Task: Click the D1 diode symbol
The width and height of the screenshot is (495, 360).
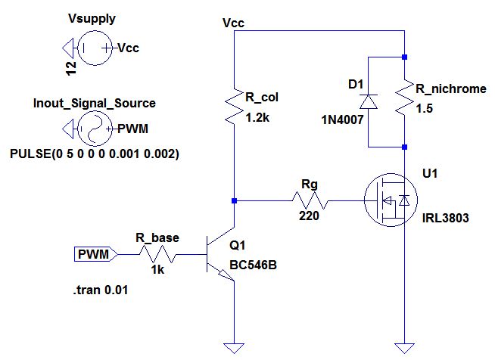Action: pos(368,101)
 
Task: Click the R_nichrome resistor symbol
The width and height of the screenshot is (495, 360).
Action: pos(406,101)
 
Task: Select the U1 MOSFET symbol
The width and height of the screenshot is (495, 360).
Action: pos(388,200)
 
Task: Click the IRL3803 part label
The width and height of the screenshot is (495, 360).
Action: pos(446,219)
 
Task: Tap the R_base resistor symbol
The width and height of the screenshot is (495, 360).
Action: pos(158,255)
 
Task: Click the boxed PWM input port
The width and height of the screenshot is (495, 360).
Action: pos(94,256)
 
